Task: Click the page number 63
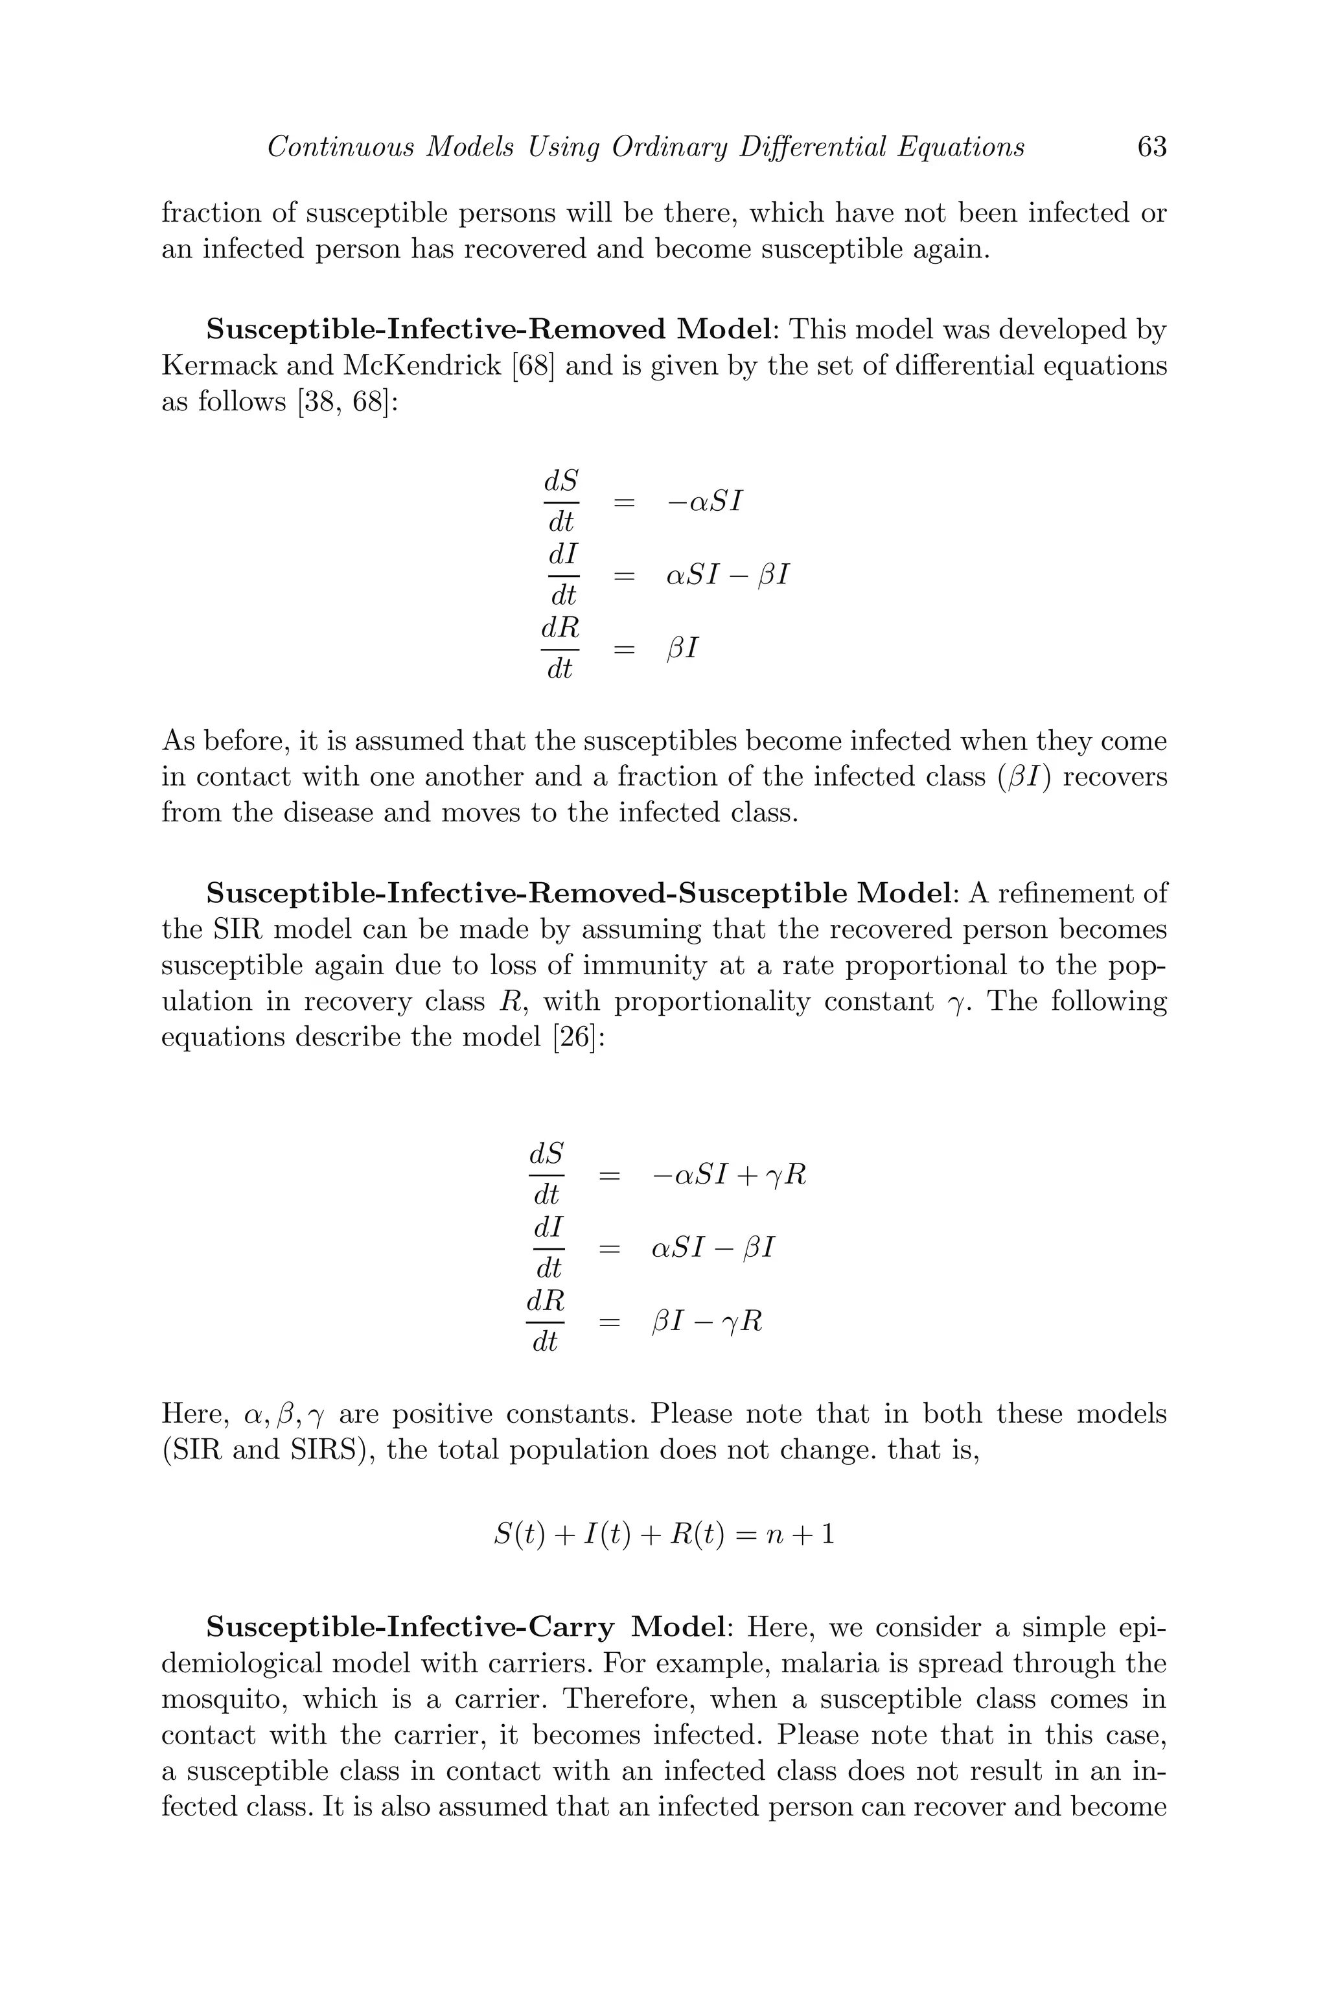point(1152,147)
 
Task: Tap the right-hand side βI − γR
point(708,1322)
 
